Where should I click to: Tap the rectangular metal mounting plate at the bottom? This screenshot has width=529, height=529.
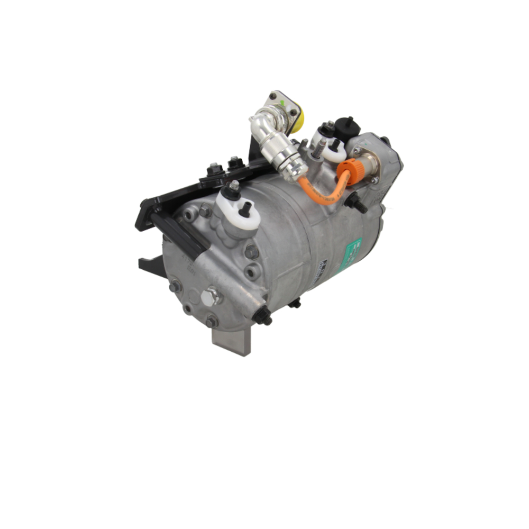[x=231, y=339]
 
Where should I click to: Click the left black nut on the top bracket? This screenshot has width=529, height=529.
[x=214, y=171]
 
